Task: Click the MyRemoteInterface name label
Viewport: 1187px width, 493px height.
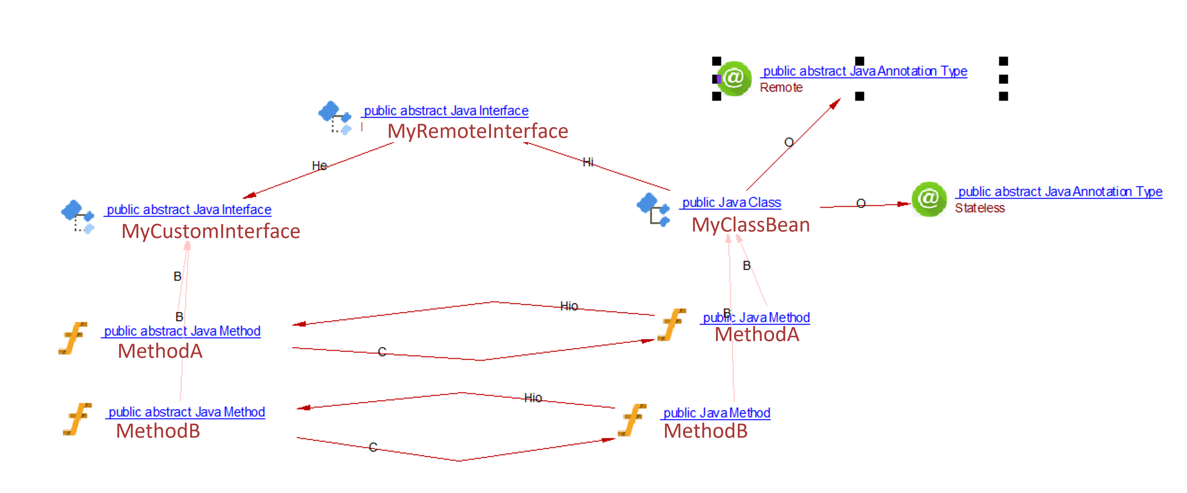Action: [477, 131]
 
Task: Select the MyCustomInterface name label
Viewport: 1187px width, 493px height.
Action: [211, 231]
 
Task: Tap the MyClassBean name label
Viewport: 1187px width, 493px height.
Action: [750, 225]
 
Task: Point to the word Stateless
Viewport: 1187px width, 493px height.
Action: [979, 208]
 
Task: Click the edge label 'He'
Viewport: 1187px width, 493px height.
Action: [319, 165]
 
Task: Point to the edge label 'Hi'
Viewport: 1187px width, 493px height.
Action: [588, 162]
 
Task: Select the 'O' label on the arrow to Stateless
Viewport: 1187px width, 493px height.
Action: [861, 204]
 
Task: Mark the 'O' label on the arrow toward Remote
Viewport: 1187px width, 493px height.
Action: [789, 142]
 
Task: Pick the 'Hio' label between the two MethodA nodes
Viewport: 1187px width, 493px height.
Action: [569, 306]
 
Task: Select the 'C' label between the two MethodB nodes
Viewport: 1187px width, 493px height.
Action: [373, 447]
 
